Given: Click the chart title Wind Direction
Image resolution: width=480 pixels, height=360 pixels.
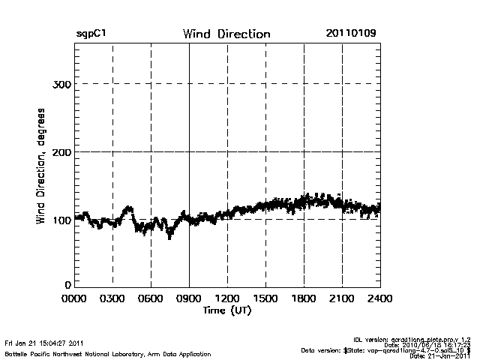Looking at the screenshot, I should pos(226,34).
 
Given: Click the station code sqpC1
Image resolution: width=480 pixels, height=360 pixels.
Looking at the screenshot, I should pos(91,34).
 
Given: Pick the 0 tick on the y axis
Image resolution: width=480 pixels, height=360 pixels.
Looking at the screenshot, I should pos(68,285).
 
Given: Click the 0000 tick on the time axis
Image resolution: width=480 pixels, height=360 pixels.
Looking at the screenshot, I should pos(75,298).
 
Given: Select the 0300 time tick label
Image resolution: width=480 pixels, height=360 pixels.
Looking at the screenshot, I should pos(112,298).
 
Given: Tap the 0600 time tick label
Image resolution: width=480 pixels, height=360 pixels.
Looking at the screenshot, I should pos(151,298).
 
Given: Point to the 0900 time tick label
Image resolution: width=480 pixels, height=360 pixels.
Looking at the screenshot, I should pos(189,298).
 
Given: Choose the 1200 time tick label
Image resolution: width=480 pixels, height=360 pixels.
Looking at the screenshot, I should pos(227,298).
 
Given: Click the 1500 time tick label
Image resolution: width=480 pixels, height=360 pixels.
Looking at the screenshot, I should pos(265,298).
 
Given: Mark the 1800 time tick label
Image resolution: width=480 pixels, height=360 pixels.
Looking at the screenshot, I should pos(304,298).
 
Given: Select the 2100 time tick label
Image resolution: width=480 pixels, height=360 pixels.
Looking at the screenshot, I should pos(342,298).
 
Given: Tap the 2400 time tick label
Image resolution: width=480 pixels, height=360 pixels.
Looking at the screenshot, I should pos(379,298).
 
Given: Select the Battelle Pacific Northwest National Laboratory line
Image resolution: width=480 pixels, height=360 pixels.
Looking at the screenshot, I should pos(84,352).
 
